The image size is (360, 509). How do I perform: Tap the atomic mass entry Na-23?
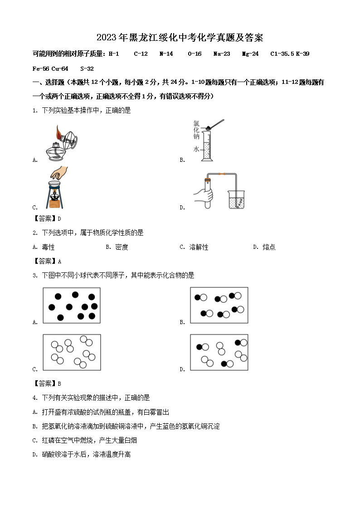tap(222, 54)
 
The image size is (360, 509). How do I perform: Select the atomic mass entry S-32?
tap(87, 69)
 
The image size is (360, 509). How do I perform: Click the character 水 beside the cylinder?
tap(196, 149)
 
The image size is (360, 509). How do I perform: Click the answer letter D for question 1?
tap(59, 219)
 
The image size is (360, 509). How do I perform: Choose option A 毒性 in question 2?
tap(48, 247)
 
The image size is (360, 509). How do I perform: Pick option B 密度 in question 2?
tap(122, 247)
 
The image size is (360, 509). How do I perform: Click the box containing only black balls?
tap(72, 305)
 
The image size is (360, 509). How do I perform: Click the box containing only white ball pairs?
tap(72, 352)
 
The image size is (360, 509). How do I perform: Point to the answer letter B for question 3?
tap(59, 383)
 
